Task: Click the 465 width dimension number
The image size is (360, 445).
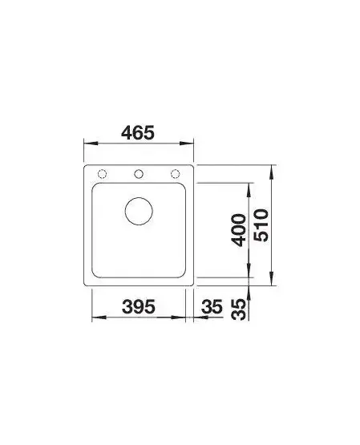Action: pyautogui.click(x=138, y=132)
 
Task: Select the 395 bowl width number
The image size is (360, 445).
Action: pyautogui.click(x=139, y=306)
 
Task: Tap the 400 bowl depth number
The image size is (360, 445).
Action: pyautogui.click(x=238, y=230)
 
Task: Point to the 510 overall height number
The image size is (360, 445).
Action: pyautogui.click(x=261, y=225)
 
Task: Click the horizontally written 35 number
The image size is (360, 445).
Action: pyautogui.click(x=212, y=306)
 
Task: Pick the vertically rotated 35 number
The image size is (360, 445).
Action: pyautogui.click(x=238, y=309)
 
